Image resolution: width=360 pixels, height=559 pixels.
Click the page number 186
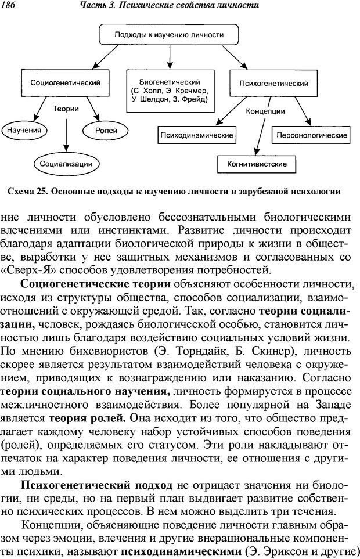[8, 5]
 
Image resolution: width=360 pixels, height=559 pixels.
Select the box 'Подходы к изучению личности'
[168, 35]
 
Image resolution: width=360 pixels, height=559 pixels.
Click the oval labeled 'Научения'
[24, 130]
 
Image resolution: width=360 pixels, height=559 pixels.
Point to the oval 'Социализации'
[66, 164]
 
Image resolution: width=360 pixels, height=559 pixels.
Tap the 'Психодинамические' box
[196, 135]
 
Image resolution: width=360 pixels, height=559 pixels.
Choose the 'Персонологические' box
[312, 135]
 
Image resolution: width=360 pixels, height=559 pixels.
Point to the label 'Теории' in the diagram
[66, 109]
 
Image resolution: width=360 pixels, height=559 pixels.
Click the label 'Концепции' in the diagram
[265, 111]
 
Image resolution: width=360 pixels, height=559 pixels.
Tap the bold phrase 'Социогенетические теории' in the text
[95, 283]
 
